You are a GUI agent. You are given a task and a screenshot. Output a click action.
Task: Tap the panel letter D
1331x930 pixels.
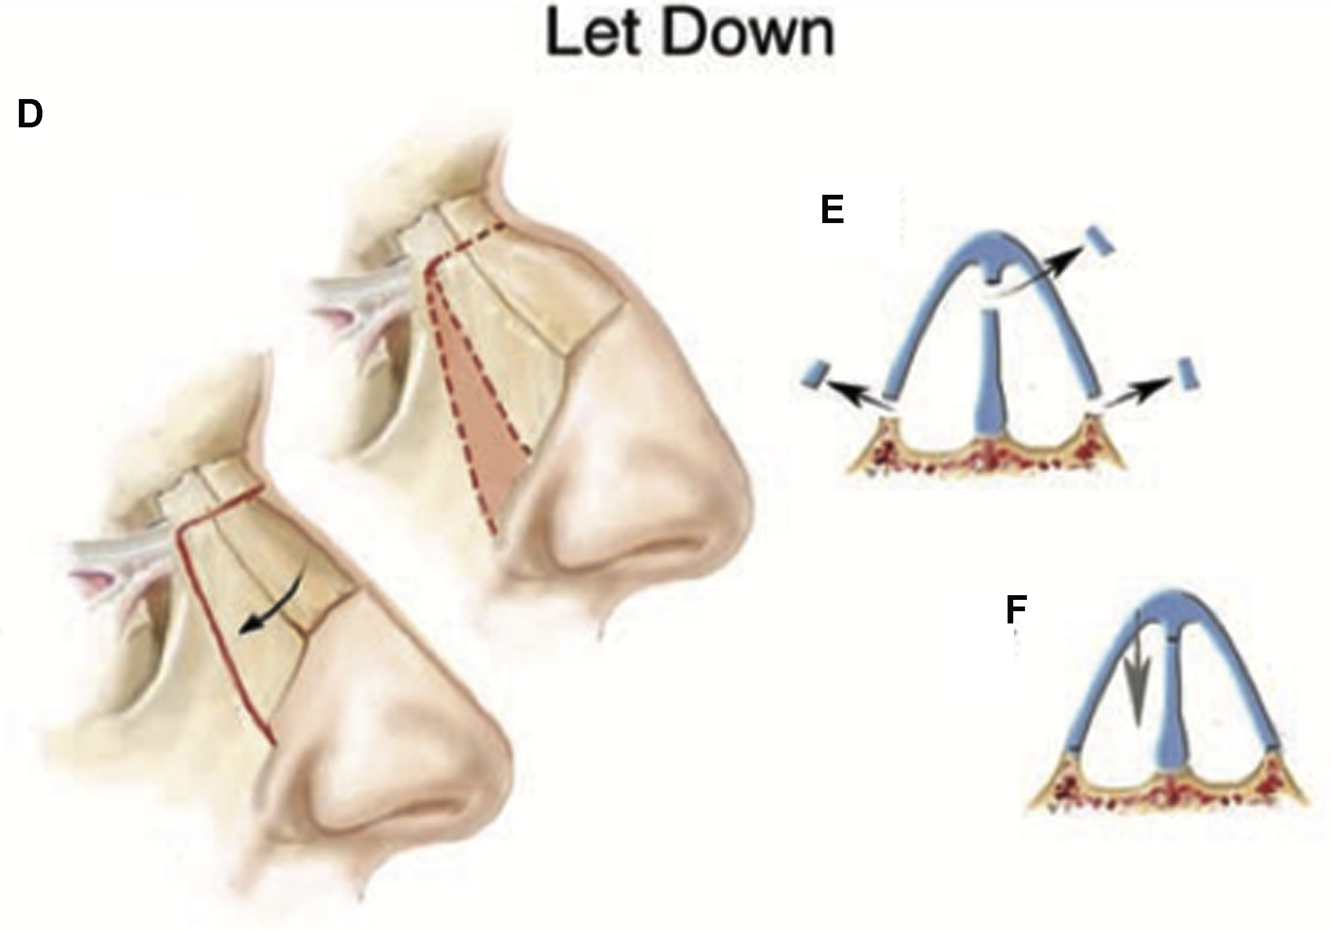30,114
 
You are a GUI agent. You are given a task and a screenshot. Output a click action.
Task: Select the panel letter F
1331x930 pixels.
1016,609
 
